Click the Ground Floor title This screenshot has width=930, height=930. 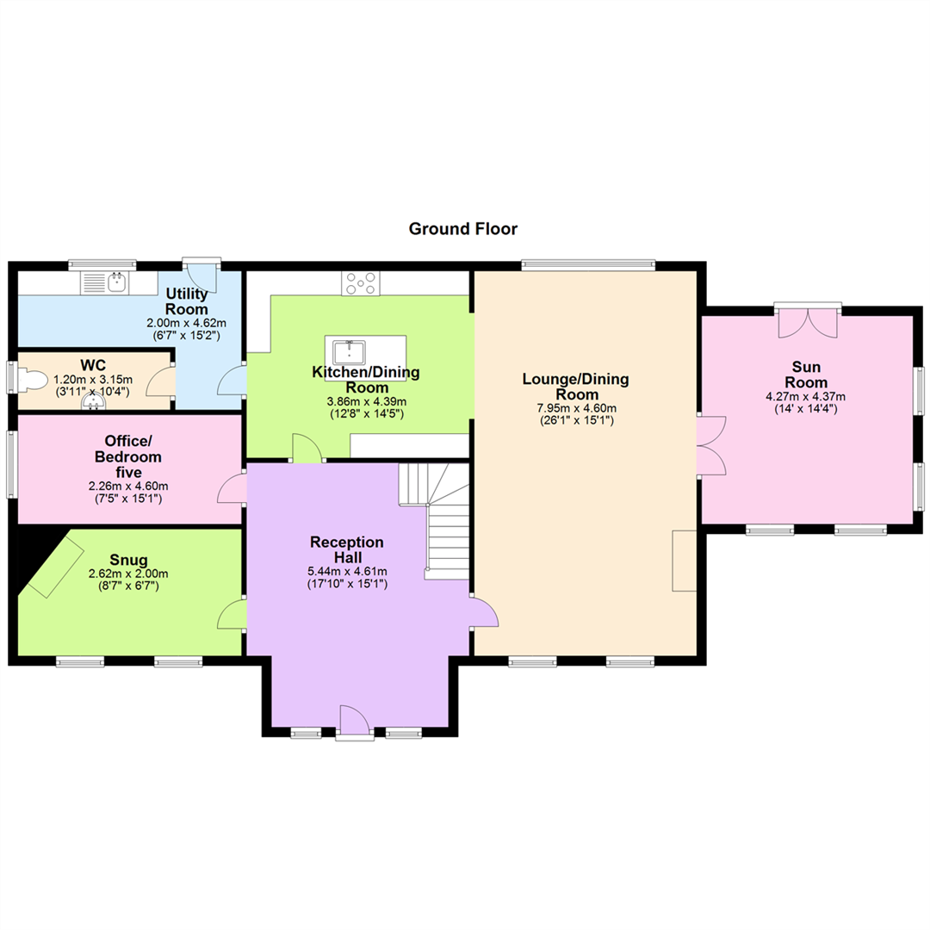point(462,229)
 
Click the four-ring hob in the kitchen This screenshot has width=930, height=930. point(361,283)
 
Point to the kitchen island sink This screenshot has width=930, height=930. point(350,351)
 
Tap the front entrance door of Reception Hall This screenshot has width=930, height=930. point(355,722)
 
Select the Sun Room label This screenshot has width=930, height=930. point(805,375)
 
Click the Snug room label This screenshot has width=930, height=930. point(128,560)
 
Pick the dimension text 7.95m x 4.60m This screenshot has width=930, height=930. point(576,408)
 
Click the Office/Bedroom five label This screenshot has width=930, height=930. point(128,456)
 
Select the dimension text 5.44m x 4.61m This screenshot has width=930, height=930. point(347,572)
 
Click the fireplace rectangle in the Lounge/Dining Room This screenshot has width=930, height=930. point(684,561)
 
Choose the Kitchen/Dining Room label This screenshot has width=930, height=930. point(366,380)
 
